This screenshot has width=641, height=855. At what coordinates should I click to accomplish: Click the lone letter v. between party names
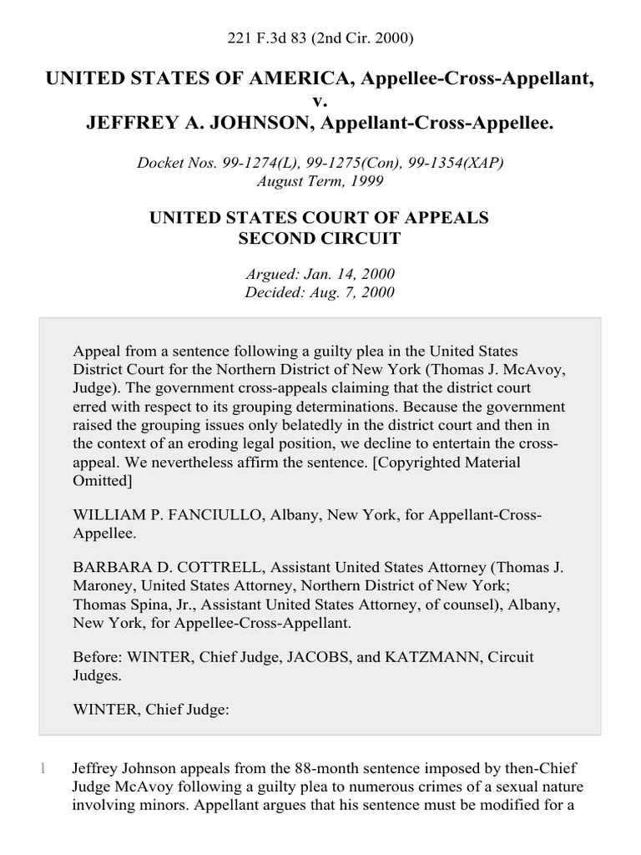320,102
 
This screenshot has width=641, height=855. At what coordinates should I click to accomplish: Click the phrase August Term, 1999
320,180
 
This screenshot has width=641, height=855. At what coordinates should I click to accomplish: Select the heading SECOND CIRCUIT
320,238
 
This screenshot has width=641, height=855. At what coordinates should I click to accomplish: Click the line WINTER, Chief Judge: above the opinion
151,711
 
